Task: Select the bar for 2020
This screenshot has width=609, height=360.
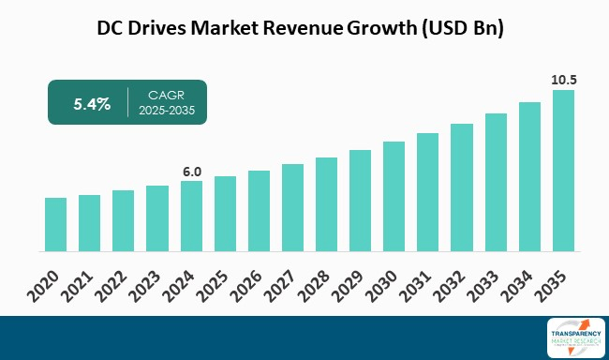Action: (56, 225)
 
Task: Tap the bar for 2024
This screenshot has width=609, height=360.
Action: (191, 217)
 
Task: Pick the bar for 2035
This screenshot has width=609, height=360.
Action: (563, 171)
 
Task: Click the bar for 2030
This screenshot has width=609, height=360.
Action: (394, 197)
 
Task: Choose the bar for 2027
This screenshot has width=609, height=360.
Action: (292, 208)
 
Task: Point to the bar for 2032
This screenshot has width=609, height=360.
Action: (462, 187)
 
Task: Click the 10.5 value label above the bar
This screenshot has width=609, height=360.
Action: (563, 81)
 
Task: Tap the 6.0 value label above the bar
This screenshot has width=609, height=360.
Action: (191, 172)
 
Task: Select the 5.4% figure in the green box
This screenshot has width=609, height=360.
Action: (92, 104)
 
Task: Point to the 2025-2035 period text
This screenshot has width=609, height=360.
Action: (171, 112)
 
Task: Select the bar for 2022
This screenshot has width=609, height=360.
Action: (124, 221)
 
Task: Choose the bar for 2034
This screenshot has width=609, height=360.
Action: (529, 177)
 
